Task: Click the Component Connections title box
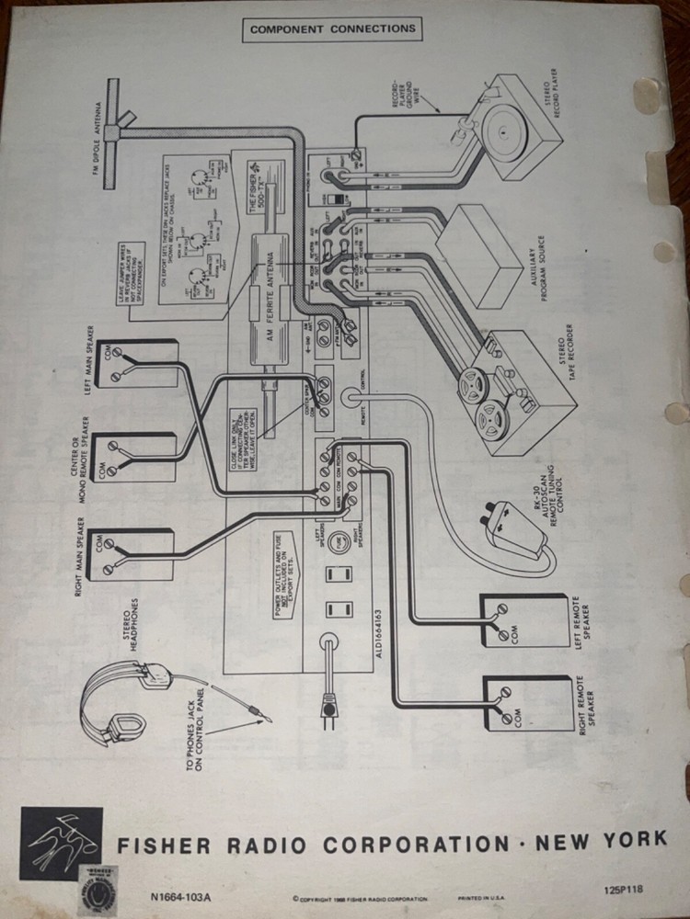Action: [x=332, y=28]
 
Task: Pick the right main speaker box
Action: [x=134, y=554]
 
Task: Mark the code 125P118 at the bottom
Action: [x=625, y=889]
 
